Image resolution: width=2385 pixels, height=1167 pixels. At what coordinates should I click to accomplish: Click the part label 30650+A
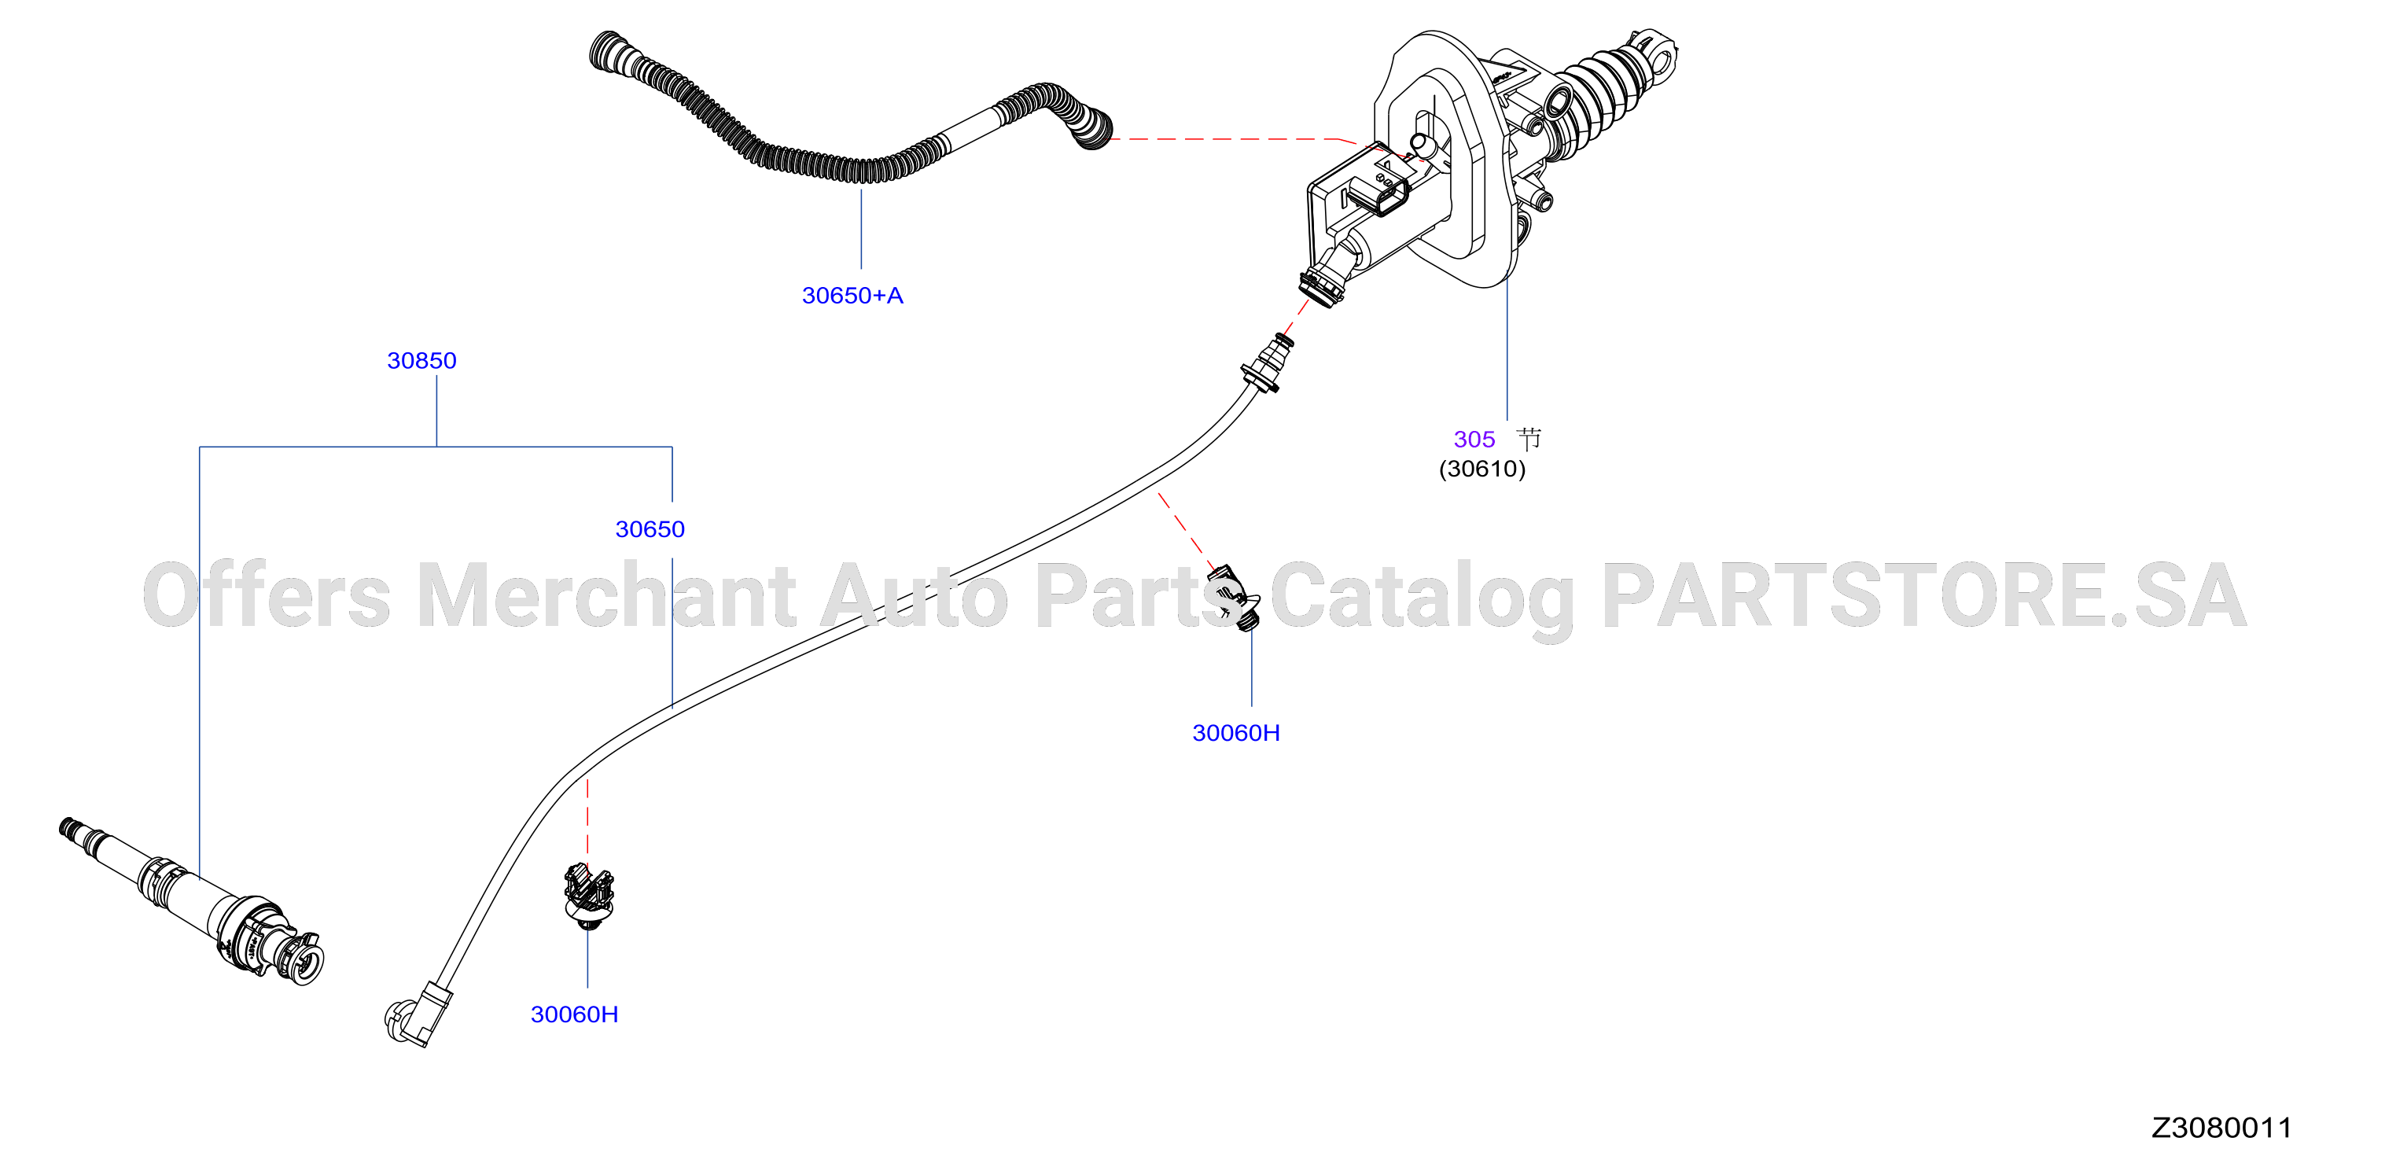pyautogui.click(x=852, y=296)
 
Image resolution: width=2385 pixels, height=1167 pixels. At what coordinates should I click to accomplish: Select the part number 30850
pyautogui.click(x=421, y=360)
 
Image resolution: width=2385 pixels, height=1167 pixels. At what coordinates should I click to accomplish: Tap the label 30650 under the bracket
pyautogui.click(x=650, y=529)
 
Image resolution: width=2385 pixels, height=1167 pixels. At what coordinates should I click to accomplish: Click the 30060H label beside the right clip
pyautogui.click(x=1236, y=733)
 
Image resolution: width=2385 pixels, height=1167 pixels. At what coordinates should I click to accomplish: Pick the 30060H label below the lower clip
pyautogui.click(x=574, y=1014)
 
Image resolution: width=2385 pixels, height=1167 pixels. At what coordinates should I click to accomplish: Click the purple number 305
pyautogui.click(x=1474, y=439)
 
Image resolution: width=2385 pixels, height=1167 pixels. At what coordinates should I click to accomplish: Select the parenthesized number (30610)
pyautogui.click(x=1481, y=469)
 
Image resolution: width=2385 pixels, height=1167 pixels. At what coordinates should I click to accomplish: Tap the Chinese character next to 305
pyautogui.click(x=1529, y=438)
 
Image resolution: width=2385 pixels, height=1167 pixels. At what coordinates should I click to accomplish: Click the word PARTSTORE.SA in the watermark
pyautogui.click(x=1924, y=595)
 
